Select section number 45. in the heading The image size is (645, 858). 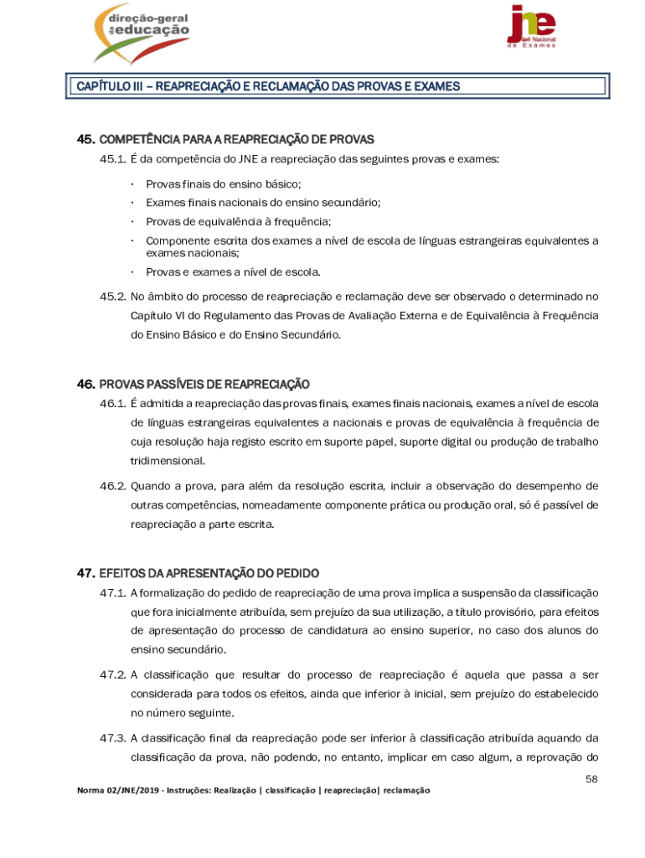[x=86, y=139]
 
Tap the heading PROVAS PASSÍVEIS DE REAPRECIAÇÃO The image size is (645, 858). [x=204, y=385]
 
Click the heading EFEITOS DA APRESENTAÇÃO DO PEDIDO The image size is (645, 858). [x=209, y=574]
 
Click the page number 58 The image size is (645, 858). [x=591, y=779]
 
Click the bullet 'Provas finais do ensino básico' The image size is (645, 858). [x=223, y=184]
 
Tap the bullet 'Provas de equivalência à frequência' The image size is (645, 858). [x=238, y=222]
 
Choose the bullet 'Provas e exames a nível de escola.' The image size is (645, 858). [x=233, y=272]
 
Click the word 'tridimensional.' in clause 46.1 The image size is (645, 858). [x=167, y=461]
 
